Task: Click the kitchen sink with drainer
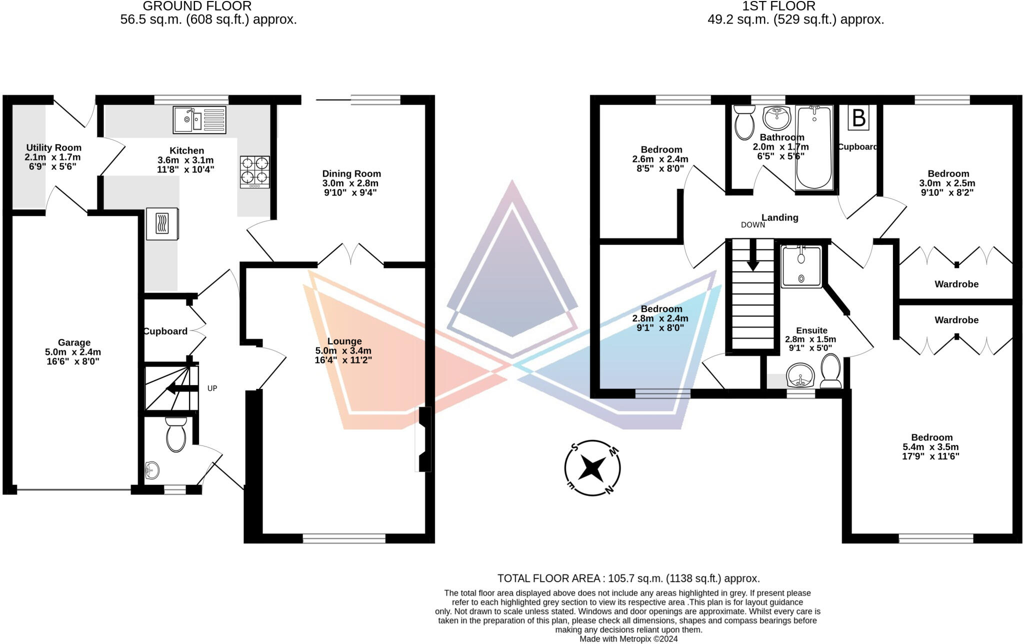coord(199,119)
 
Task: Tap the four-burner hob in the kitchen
coord(254,171)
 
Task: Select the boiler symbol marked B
coord(858,118)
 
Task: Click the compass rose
coord(592,468)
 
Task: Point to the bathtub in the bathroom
coord(814,148)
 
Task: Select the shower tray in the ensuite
coord(801,267)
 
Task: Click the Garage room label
coord(74,342)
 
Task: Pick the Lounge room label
coord(344,341)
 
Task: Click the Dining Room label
coord(351,173)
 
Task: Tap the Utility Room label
coord(53,147)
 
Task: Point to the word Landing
coord(779,217)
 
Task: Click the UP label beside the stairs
coord(212,388)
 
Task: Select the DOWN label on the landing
coord(752,225)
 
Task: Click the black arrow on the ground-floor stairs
coord(177,388)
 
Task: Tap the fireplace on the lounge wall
coord(424,439)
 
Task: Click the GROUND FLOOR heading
coord(197,6)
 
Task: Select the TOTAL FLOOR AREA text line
coord(628,578)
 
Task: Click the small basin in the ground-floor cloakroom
coord(152,470)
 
